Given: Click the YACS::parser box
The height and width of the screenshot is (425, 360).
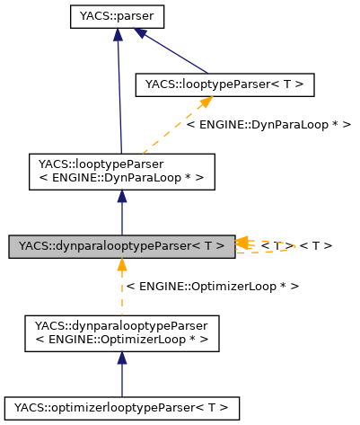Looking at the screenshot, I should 118,16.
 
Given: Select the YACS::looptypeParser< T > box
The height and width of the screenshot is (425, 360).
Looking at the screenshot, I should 224,85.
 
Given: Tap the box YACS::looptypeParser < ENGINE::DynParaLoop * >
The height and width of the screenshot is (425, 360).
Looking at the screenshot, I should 122,171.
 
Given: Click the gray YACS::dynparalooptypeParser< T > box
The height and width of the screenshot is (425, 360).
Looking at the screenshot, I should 122,245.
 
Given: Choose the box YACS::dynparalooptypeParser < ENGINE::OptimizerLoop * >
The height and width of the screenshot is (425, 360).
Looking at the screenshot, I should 121,332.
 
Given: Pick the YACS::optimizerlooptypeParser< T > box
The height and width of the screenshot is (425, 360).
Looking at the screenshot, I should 122,407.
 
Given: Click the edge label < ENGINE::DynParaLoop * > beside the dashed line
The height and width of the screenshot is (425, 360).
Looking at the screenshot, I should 268,124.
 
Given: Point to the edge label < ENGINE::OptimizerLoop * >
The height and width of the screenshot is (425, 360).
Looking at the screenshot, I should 213,285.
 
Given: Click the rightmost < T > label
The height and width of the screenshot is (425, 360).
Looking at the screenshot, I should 316,245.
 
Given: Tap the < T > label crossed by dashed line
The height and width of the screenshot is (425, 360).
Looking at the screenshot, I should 277,245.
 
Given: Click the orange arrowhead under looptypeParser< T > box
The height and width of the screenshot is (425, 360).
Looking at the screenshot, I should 204,103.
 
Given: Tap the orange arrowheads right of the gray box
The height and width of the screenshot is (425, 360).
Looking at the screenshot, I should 242,243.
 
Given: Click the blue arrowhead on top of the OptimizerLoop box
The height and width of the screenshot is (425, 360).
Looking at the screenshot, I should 122,358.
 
